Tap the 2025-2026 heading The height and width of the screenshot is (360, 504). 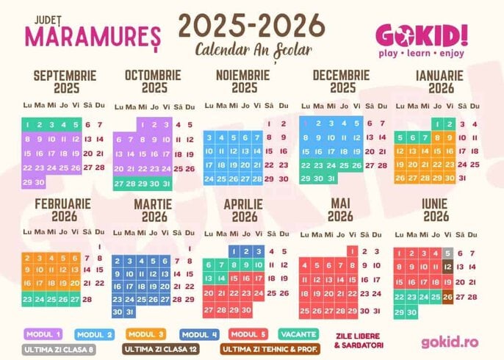click(252, 26)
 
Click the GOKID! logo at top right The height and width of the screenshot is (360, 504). click(421, 35)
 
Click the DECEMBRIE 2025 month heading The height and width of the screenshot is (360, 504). click(340, 82)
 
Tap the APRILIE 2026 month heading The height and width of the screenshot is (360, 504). click(245, 210)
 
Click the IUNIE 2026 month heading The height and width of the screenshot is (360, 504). click(436, 210)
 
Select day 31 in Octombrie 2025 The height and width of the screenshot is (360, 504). click(166, 184)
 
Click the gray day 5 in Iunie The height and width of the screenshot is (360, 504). click(447, 253)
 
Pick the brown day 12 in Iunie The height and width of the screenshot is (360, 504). click(447, 267)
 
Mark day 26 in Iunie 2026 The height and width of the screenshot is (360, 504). click(447, 296)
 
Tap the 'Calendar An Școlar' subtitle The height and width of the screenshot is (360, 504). click(253, 50)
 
